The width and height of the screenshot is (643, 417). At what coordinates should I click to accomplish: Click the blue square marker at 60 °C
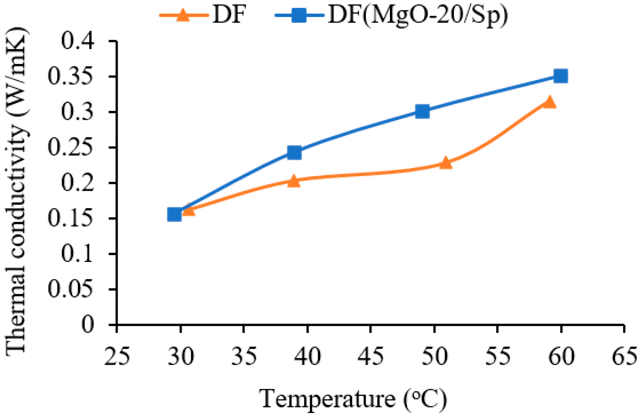[x=560, y=76]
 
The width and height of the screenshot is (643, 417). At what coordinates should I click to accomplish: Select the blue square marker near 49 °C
[x=422, y=111]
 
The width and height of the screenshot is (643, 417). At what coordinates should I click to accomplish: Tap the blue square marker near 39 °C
[x=294, y=152]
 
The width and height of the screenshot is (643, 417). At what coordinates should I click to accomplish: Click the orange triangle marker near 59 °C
[x=550, y=102]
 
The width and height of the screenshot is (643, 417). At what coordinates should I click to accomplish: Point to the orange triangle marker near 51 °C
[x=446, y=163]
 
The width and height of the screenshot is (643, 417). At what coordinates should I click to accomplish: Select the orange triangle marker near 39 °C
[x=294, y=181]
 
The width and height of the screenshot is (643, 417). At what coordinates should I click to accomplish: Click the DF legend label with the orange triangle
[x=229, y=15]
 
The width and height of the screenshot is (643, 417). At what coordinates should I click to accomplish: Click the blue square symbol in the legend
[x=299, y=15]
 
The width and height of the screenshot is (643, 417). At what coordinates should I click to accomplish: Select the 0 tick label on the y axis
[x=88, y=325]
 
